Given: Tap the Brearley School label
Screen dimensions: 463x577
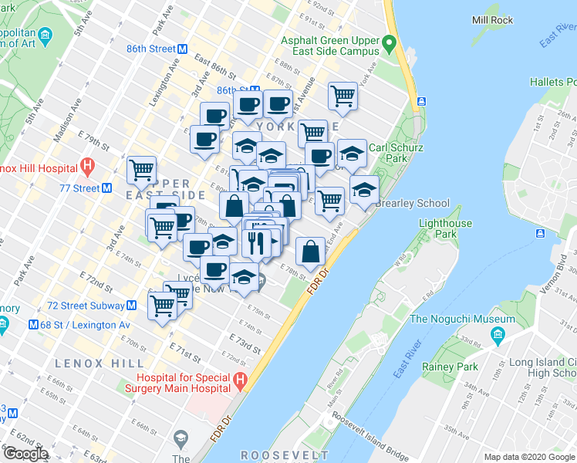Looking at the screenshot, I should coord(411,203).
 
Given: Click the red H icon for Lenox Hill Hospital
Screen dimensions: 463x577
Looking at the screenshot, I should coord(87,166).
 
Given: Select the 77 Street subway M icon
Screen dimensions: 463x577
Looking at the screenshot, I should coord(107,188).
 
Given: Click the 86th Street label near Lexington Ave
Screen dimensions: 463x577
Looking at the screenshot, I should coord(152,49).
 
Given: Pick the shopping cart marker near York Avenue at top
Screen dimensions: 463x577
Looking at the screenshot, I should coord(342,96).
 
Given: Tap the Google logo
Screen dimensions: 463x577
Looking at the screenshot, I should coord(25,454).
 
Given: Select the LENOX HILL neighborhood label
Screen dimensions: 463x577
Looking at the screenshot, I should coord(99,363).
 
